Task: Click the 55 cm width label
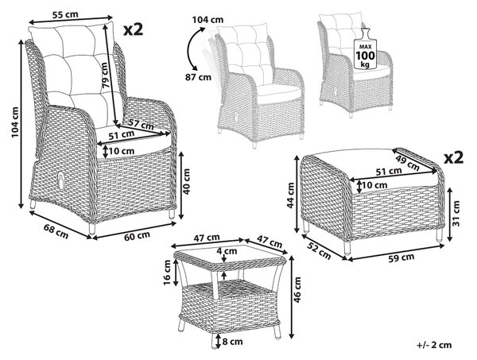(x=65, y=14)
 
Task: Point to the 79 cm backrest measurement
(x=105, y=75)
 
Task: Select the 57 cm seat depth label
(x=140, y=124)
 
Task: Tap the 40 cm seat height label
(x=187, y=181)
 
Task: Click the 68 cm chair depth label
(x=56, y=231)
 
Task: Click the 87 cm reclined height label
(x=198, y=77)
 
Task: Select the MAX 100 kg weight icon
(x=366, y=49)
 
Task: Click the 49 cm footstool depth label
(x=407, y=163)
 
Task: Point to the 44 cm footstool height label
(x=291, y=195)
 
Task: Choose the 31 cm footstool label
(x=456, y=213)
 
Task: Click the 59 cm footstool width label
(x=401, y=257)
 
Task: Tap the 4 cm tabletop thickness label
(x=227, y=251)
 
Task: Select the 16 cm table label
(x=167, y=273)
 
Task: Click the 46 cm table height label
(x=297, y=290)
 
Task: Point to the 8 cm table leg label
(x=232, y=342)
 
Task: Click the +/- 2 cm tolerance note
(x=434, y=345)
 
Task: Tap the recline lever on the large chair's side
(x=61, y=180)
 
